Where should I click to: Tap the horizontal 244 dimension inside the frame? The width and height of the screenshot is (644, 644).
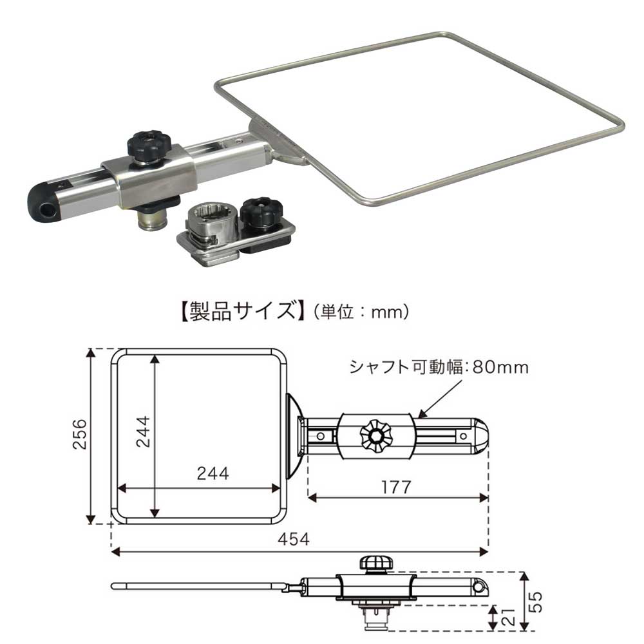(213, 473)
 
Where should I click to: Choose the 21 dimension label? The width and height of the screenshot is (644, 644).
(507, 617)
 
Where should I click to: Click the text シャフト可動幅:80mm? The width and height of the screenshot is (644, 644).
(439, 368)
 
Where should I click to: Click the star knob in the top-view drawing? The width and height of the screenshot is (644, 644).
(375, 436)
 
